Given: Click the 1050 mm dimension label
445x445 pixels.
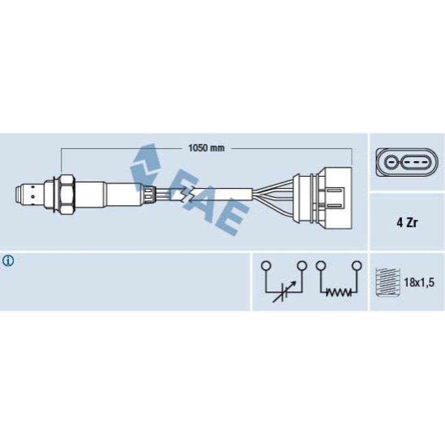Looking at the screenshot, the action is tap(206, 148).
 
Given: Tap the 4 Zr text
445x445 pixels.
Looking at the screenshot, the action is tap(407, 223).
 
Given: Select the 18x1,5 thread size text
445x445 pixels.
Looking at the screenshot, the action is tap(419, 283).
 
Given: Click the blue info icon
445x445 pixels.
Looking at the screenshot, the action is tap(8, 261).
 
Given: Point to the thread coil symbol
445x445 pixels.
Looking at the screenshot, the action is tap(388, 282).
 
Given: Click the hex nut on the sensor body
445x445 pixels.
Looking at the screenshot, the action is tap(67, 194).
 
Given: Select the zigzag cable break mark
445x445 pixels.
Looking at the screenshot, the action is tap(188, 194).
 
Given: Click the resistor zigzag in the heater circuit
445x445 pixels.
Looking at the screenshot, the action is tap(339, 292).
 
